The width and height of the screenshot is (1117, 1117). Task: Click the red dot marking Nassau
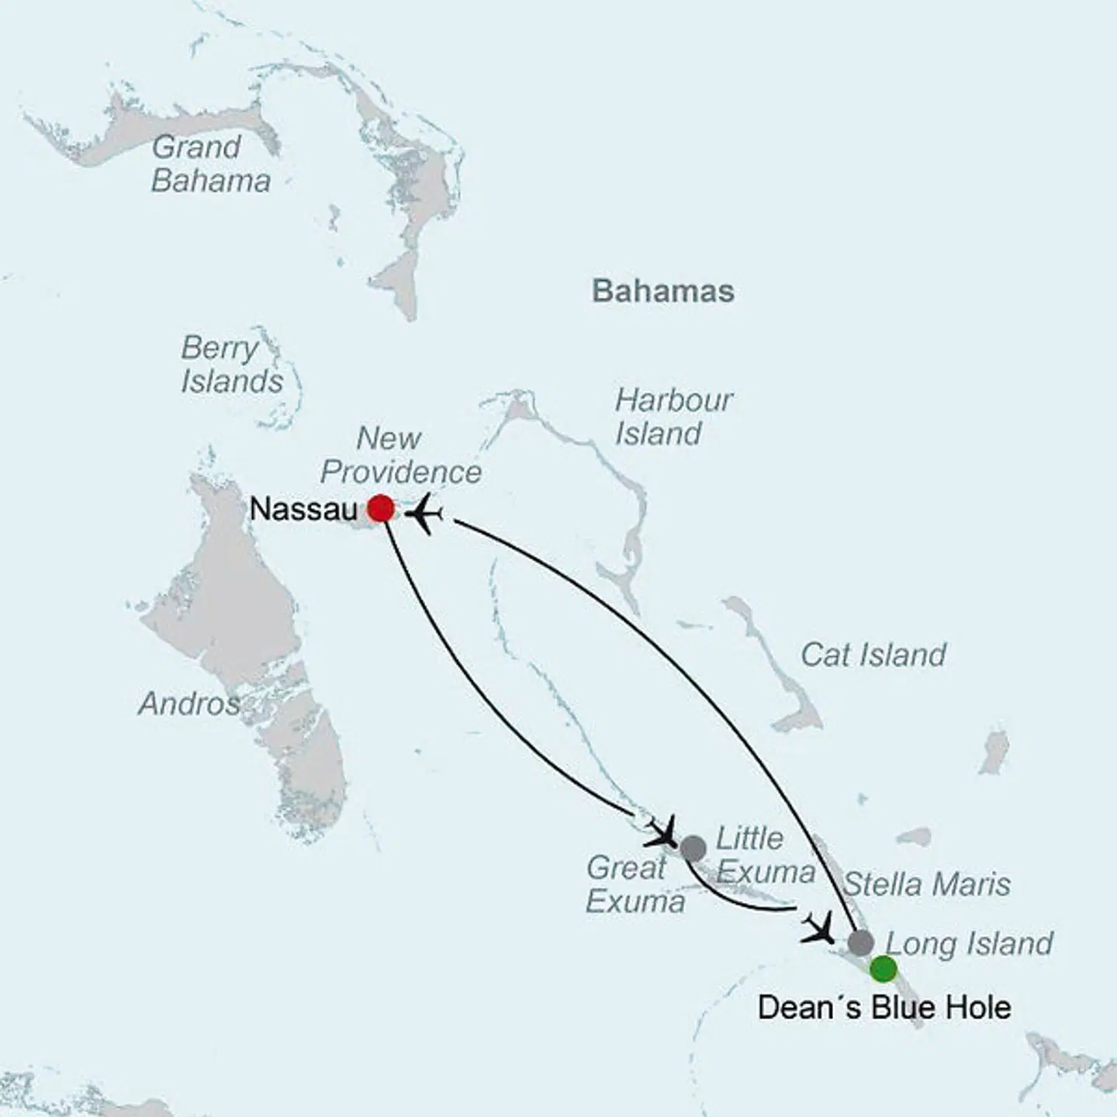pos(381,509)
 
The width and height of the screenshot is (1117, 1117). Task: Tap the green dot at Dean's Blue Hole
pos(883,969)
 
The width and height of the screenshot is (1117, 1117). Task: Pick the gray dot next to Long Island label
pos(860,943)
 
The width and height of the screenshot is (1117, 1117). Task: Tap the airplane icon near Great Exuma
pos(661,832)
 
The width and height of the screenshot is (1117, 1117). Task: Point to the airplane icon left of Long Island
pos(818,928)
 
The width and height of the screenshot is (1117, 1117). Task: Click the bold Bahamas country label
pos(662,292)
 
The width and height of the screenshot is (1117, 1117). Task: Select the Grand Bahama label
pos(210,164)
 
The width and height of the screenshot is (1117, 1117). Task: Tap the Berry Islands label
pos(231,365)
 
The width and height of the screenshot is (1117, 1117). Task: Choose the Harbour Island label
pos(673,417)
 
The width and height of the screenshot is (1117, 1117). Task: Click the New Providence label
pos(400,455)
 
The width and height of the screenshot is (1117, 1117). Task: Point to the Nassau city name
pos(304,510)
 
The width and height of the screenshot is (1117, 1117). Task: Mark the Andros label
pos(188,704)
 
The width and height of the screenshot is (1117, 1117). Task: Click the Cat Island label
pos(873,655)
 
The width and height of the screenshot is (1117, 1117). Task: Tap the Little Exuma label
pos(765,855)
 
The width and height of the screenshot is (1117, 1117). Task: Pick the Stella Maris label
pos(926,884)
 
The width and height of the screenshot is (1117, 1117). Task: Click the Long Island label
pos(969,943)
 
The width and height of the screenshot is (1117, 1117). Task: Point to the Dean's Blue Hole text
pos(884,1008)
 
